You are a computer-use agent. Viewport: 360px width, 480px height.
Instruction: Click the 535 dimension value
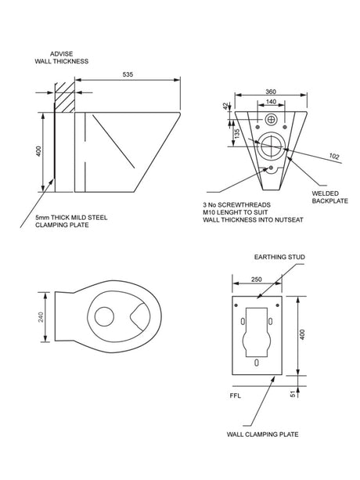coord(128,74)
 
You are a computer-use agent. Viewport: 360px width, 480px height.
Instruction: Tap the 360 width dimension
coord(271,92)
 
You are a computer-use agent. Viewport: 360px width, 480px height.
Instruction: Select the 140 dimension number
coord(271,102)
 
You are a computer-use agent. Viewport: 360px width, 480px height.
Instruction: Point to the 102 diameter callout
coord(334,157)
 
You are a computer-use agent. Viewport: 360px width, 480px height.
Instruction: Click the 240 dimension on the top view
coord(41,317)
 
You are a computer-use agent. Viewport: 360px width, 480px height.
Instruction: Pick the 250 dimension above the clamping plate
coord(257,280)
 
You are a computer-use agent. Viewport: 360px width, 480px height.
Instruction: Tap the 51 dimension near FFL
coord(293,394)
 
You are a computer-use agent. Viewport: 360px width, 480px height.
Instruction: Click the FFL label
coord(236,395)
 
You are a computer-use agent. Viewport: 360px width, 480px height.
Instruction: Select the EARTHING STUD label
coord(279,257)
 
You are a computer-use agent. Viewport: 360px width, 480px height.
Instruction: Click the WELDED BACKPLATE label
coord(329,197)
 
